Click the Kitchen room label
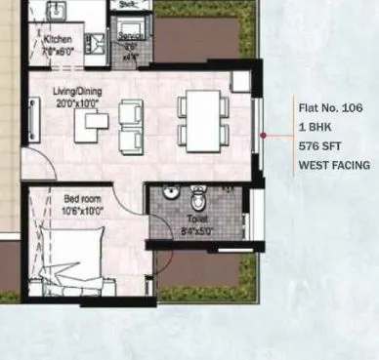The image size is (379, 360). click(x=58, y=40)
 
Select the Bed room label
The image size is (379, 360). click(x=83, y=198)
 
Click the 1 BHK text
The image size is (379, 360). click(x=315, y=127)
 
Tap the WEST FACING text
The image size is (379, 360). click(x=334, y=166)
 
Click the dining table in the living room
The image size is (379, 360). click(x=203, y=118)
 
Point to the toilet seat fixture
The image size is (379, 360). click(x=199, y=199)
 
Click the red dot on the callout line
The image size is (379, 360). click(x=263, y=136)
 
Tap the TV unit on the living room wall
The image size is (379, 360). click(x=34, y=120)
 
